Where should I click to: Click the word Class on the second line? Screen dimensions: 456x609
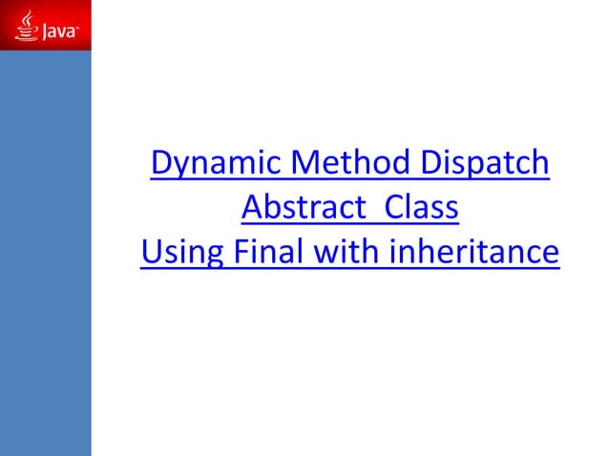coord(416,208)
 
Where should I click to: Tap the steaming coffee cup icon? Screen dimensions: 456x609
coord(25,31)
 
